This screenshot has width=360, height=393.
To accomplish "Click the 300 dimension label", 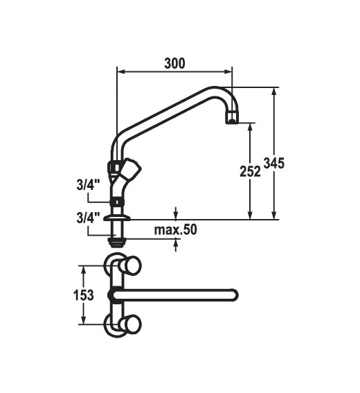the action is coord(174,63).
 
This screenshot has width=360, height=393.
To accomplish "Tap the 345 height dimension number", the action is coord(274,163).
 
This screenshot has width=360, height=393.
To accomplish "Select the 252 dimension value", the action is coord(250,172).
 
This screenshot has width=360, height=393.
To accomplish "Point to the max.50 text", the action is coord(175,229).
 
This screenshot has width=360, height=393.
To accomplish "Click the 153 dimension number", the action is coord(84,295).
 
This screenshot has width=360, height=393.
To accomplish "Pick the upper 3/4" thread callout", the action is coord(88,186).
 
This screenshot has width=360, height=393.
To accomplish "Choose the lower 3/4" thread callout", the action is coord(88,218).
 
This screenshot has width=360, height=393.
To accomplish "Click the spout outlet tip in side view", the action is coord(232,118).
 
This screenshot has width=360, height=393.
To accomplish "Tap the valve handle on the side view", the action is coord(129,169).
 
